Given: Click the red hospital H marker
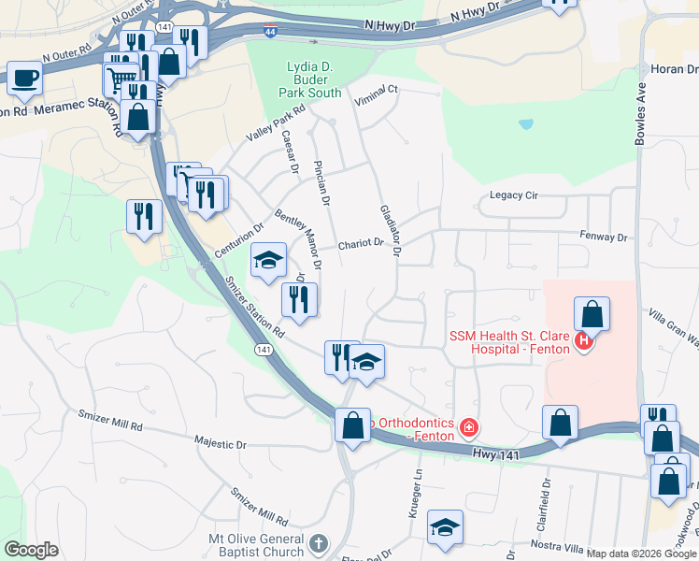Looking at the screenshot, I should point(584,341).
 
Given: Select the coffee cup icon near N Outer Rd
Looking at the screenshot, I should point(24,78).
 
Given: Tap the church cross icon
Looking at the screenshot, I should point(319,542).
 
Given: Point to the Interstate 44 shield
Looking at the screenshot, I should point(270,32).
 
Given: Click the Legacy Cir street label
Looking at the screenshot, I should point(515,195).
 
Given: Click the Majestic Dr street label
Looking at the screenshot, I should point(219,440).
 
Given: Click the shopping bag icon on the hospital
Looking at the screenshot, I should point(592,313).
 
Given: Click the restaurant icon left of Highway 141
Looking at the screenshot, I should point(144,216).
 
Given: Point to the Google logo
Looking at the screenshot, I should point(31,550).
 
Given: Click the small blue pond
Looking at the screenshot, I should point(526,123).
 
